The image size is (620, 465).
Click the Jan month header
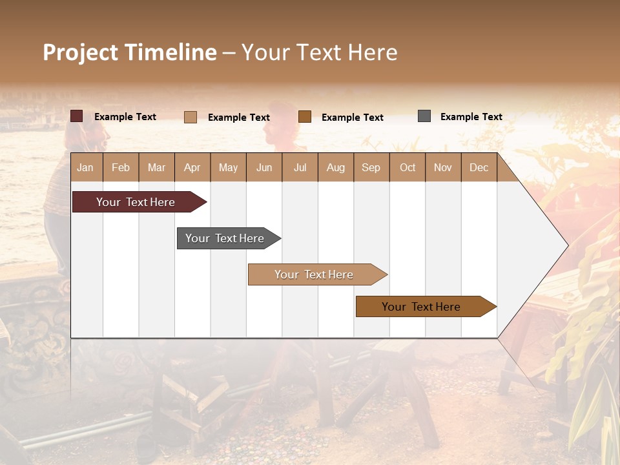tap(85, 167)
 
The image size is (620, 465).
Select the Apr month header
tap(192, 167)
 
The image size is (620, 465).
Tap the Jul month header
tap(300, 167)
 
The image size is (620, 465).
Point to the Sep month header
tap(371, 167)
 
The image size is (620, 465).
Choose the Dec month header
tap(479, 167)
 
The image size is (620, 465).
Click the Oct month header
tap(408, 167)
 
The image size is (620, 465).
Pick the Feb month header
tap(121, 167)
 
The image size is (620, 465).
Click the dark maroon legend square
tap(77, 116)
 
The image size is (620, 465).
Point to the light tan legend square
tap(191, 117)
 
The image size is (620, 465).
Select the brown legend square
tap(305, 116)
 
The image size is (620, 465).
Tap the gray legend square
tap(424, 116)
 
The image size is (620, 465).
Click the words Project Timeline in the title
tap(129, 52)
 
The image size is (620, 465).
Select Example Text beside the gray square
tap(471, 117)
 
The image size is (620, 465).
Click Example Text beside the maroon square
tap(125, 117)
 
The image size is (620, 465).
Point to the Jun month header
tap(264, 167)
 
